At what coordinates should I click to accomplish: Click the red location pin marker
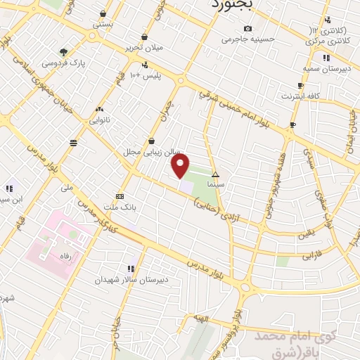click(x=181, y=167)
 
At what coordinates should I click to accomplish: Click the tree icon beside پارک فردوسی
click(x=64, y=51)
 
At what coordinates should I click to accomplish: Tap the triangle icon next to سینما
click(x=216, y=174)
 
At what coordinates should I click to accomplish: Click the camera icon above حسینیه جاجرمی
click(x=247, y=28)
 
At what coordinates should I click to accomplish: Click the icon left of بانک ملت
click(x=120, y=196)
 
